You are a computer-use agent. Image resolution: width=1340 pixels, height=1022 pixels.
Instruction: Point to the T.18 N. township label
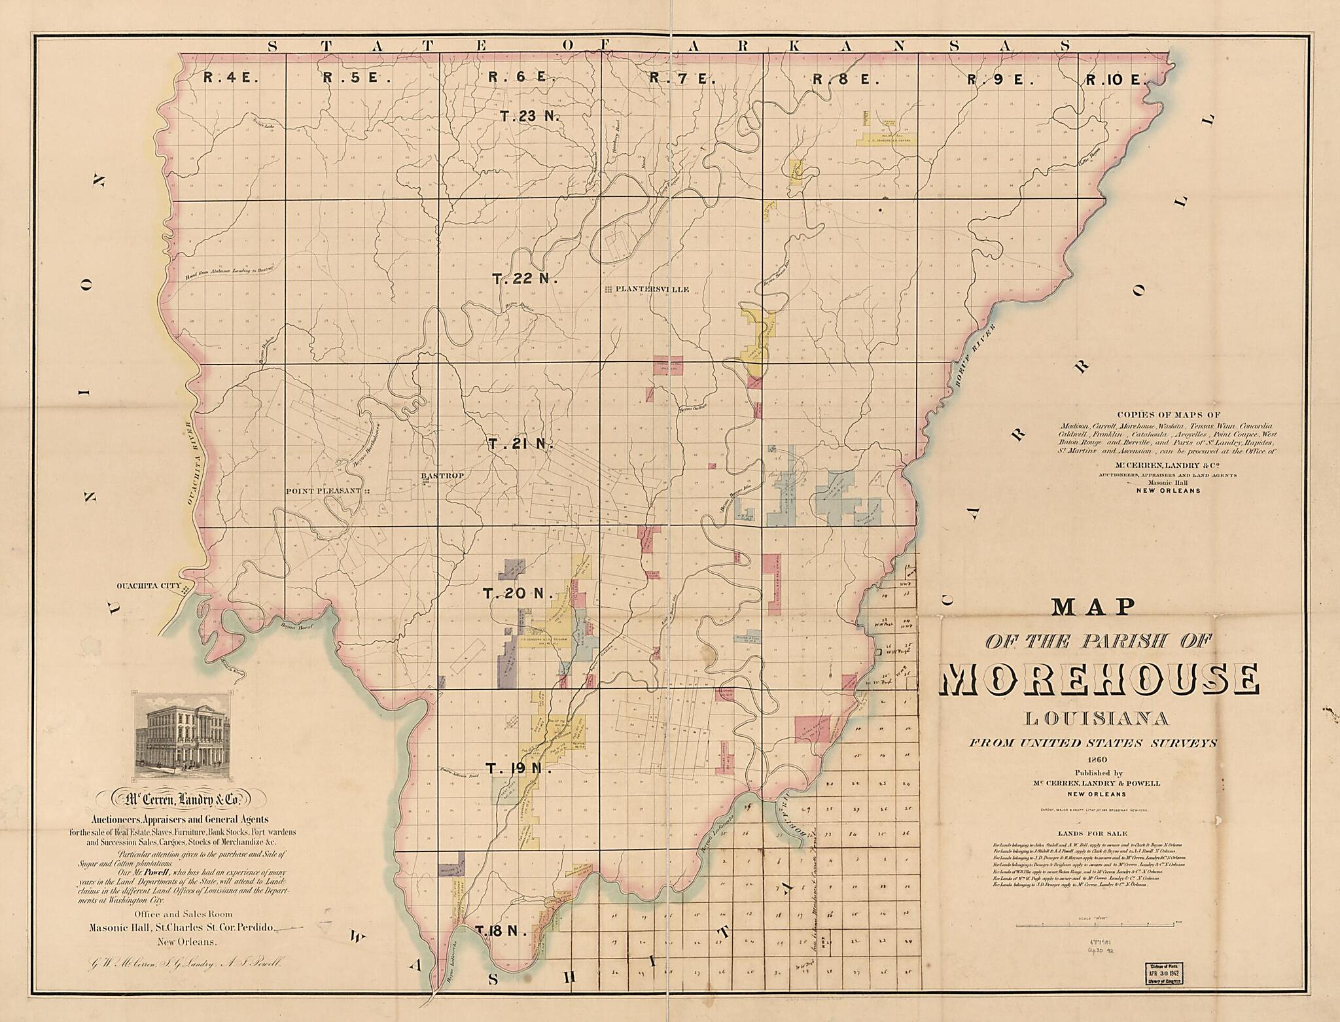(x=501, y=931)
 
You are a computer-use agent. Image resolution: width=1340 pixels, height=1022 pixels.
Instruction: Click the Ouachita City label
(x=147, y=586)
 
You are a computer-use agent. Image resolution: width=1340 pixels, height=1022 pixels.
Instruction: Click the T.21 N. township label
(x=521, y=444)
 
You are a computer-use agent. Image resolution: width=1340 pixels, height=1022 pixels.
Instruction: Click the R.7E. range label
(x=682, y=79)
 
